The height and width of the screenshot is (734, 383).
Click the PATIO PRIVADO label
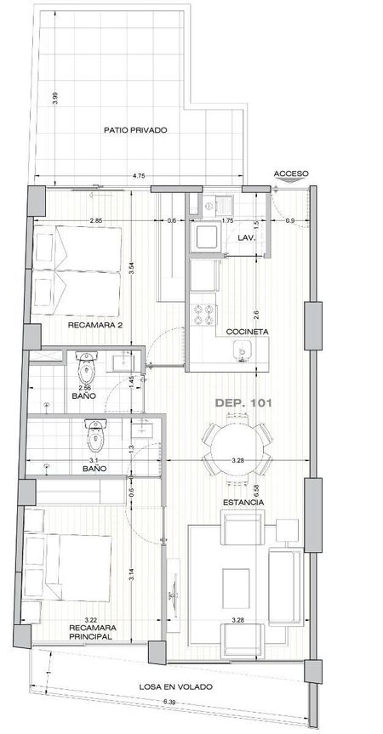[135, 130]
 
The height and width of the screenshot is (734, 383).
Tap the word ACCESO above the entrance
[291, 174]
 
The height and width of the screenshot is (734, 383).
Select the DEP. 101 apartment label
[243, 402]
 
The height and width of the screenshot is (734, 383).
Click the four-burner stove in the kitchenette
[203, 314]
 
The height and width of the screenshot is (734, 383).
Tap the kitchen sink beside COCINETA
[243, 350]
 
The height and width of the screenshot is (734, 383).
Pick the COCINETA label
[247, 332]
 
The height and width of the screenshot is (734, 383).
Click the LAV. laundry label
[246, 238]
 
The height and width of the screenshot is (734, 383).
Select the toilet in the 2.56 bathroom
[86, 367]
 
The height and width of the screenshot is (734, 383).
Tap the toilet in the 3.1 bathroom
[96, 435]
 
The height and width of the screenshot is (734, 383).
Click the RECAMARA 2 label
[95, 325]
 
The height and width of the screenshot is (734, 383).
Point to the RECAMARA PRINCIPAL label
[93, 632]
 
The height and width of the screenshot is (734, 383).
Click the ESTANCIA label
[243, 503]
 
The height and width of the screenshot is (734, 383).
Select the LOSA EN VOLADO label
[175, 686]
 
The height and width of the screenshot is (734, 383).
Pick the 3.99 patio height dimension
[55, 98]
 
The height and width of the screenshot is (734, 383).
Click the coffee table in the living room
[236, 589]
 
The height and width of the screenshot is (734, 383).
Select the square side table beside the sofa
[287, 531]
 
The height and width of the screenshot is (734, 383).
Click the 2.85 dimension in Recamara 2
[97, 220]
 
